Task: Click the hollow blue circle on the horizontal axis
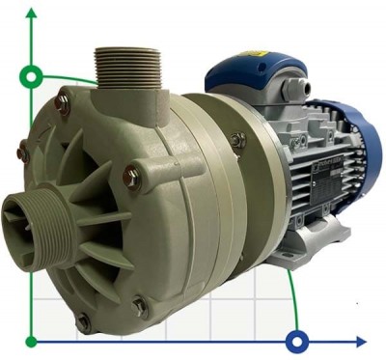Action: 297,341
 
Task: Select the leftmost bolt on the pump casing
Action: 23,149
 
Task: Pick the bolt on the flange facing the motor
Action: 237,141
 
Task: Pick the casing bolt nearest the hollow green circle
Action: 64,97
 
